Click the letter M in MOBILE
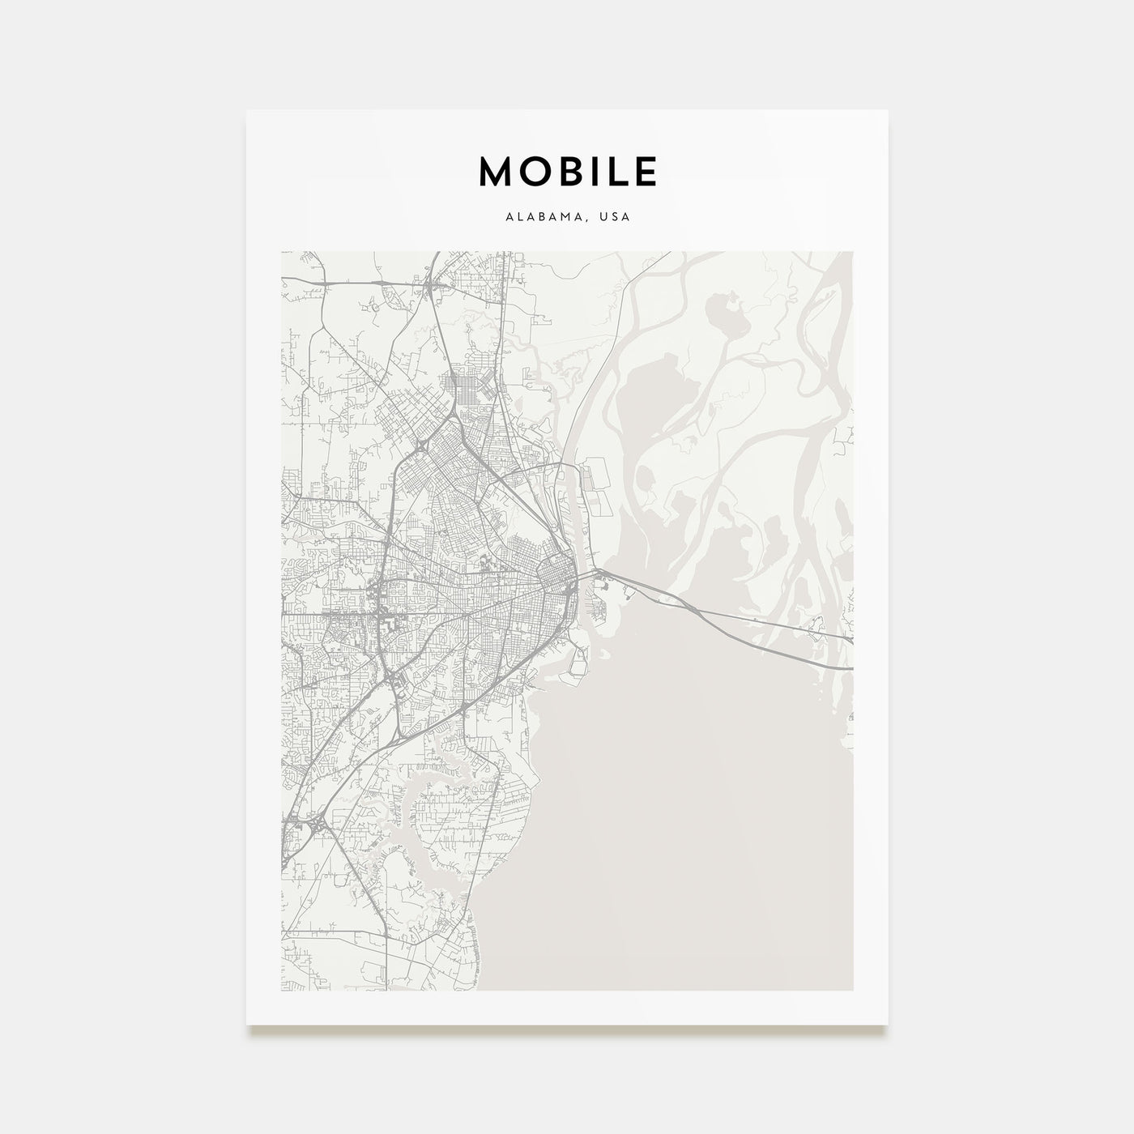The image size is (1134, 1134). pos(496,171)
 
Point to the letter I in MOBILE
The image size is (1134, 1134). pos(594,171)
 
